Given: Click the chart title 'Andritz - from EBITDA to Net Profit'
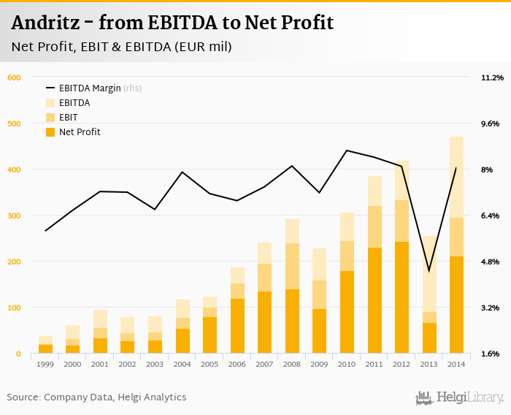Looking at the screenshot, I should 172,23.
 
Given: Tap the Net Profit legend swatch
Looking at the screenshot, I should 50,132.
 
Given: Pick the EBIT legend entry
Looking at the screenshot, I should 69,118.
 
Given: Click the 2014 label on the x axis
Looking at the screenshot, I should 456,363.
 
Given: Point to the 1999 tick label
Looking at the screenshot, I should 45,363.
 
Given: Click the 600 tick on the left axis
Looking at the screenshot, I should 15,77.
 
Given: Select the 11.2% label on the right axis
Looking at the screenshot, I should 492,77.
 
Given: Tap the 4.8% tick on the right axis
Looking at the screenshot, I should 492,262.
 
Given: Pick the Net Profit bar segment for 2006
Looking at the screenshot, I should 237,326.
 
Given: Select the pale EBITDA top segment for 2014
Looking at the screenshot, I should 456,177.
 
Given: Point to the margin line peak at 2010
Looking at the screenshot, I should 347,151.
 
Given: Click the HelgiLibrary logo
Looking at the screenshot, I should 460,397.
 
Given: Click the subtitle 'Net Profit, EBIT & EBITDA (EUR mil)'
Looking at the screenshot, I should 122,47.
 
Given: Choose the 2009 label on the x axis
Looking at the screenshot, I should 319,363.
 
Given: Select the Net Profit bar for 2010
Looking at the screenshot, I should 347,312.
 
